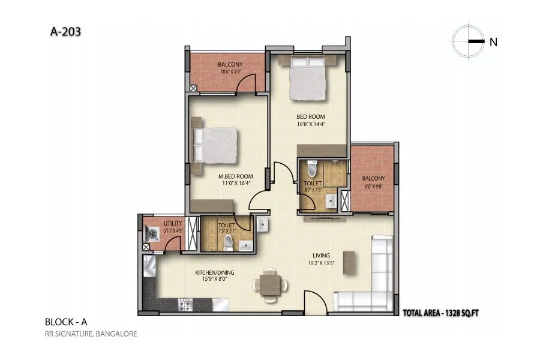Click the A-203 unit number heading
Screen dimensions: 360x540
click(x=62, y=30)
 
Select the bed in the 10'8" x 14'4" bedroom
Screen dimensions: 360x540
click(x=308, y=79)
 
